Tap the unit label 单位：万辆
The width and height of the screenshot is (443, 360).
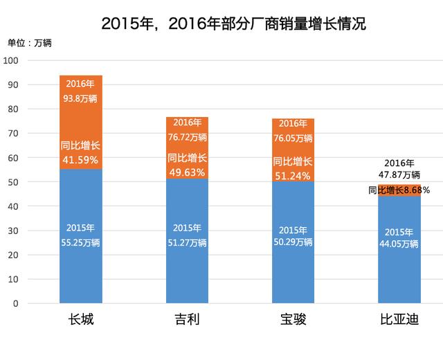(x=30, y=43)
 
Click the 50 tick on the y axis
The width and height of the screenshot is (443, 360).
(x=15, y=182)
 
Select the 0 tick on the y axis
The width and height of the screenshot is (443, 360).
(x=18, y=304)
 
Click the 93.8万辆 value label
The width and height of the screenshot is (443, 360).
(x=81, y=98)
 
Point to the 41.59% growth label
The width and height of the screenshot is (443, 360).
(x=81, y=159)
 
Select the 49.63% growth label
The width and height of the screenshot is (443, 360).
(x=187, y=170)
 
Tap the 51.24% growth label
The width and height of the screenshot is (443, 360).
(x=293, y=174)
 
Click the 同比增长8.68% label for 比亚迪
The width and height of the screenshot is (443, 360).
(x=399, y=190)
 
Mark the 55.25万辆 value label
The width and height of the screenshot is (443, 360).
(x=81, y=243)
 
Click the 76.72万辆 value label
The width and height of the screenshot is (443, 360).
(x=187, y=136)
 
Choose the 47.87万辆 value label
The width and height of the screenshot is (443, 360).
(x=399, y=174)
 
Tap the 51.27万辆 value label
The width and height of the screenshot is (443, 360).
(x=187, y=243)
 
